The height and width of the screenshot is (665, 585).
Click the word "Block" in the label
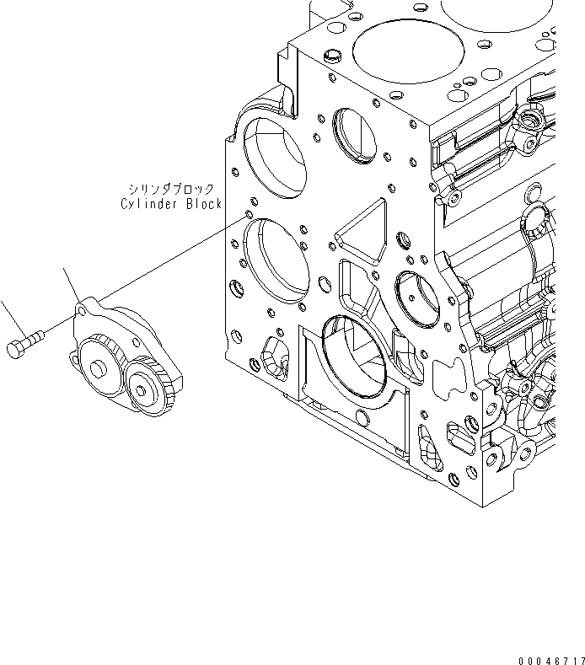click(201, 204)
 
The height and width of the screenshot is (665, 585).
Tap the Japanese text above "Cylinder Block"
click(171, 190)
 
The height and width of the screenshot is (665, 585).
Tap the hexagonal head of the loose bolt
click(16, 348)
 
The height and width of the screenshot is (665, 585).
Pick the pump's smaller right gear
click(151, 387)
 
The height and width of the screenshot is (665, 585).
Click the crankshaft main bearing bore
click(352, 354)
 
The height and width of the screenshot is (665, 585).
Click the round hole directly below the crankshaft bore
click(362, 417)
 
